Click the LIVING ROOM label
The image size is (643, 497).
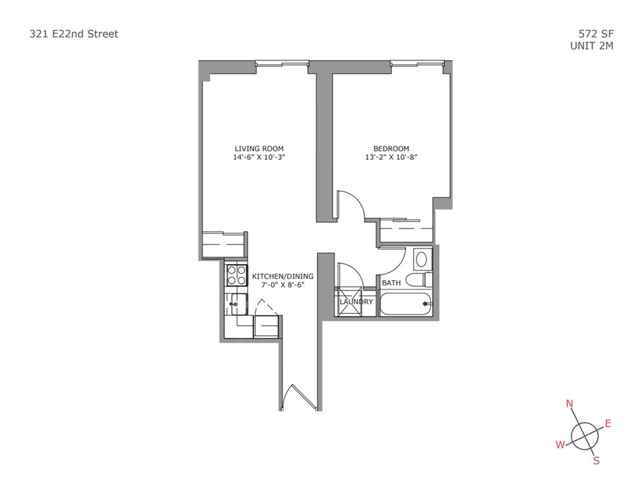click(259, 149)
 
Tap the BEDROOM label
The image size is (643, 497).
click(391, 149)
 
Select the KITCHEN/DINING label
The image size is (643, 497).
click(283, 276)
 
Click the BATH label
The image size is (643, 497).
click(391, 283)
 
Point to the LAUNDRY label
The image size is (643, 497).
click(356, 302)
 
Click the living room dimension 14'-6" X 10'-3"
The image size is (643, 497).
click(259, 157)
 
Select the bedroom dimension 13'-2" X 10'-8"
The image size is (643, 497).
click(391, 157)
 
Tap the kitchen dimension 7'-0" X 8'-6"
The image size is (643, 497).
click(283, 285)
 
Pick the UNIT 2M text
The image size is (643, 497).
click(592, 45)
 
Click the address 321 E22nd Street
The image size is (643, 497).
click(74, 34)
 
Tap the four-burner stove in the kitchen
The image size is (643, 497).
click(237, 276)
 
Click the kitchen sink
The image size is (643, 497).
click(239, 305)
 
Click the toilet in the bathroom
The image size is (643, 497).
click(419, 280)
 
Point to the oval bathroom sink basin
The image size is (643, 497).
click(421, 260)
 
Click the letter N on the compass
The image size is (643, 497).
click(570, 404)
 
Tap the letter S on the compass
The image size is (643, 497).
click(596, 461)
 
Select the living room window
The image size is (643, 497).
click(282, 63)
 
